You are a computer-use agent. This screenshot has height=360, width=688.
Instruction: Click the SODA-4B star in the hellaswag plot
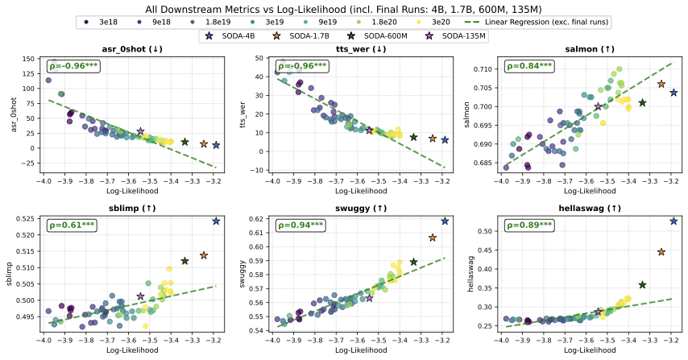click(x=674, y=221)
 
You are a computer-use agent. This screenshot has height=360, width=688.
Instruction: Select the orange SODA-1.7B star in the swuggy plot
click(x=433, y=238)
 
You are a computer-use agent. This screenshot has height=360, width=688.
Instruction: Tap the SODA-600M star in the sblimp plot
click(x=184, y=261)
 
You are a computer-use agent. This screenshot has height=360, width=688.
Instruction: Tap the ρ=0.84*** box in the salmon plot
click(x=532, y=65)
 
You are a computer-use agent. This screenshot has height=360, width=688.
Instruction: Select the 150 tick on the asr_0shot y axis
click(x=27, y=60)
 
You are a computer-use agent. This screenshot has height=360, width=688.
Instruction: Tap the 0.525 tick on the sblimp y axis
click(x=27, y=219)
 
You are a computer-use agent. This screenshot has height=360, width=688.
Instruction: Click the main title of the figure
click(x=344, y=8)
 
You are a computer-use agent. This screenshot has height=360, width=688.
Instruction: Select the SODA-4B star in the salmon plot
click(x=673, y=93)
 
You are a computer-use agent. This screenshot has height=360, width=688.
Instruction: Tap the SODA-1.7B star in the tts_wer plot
click(x=433, y=139)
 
